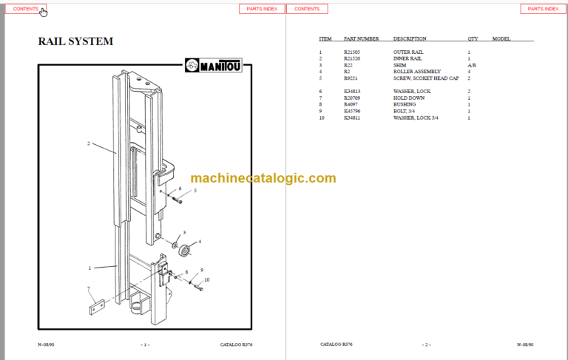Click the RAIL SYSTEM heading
tap(75, 41)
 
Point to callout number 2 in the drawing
tap(88, 143)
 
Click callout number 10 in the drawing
tap(207, 279)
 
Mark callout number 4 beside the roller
tap(199, 241)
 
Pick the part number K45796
tap(353, 111)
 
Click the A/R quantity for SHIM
tap(471, 65)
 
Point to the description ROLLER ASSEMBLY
tap(413, 71)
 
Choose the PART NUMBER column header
tap(361, 38)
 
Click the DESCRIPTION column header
tap(410, 38)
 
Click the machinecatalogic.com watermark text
tap(263, 178)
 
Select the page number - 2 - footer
tap(426, 345)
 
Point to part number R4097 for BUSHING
tap(351, 104)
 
